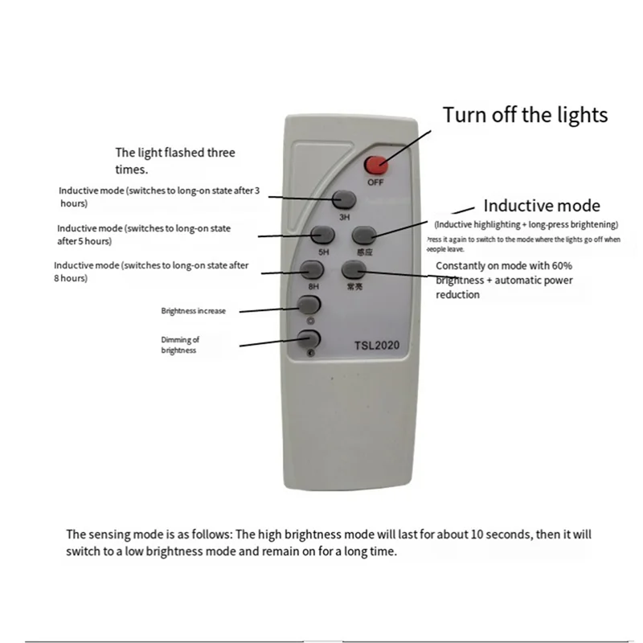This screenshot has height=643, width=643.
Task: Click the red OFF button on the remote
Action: [x=375, y=165]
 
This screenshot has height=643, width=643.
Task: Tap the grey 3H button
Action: [x=345, y=199]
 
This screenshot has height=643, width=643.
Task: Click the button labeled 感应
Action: [x=365, y=234]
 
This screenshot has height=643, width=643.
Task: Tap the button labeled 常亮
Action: [x=353, y=271]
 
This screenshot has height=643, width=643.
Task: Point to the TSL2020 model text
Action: [x=383, y=346]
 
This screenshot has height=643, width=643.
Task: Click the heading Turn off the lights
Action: [x=526, y=114]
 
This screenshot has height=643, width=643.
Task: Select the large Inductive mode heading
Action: [x=541, y=206]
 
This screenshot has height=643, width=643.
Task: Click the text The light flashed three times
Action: [x=174, y=161]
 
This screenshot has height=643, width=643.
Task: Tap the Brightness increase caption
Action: [x=193, y=310]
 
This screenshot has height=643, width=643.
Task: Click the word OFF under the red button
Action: [x=375, y=182]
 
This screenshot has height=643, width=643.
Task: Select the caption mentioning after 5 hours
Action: [x=143, y=235]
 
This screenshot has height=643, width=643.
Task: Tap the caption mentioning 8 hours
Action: [x=151, y=272]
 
